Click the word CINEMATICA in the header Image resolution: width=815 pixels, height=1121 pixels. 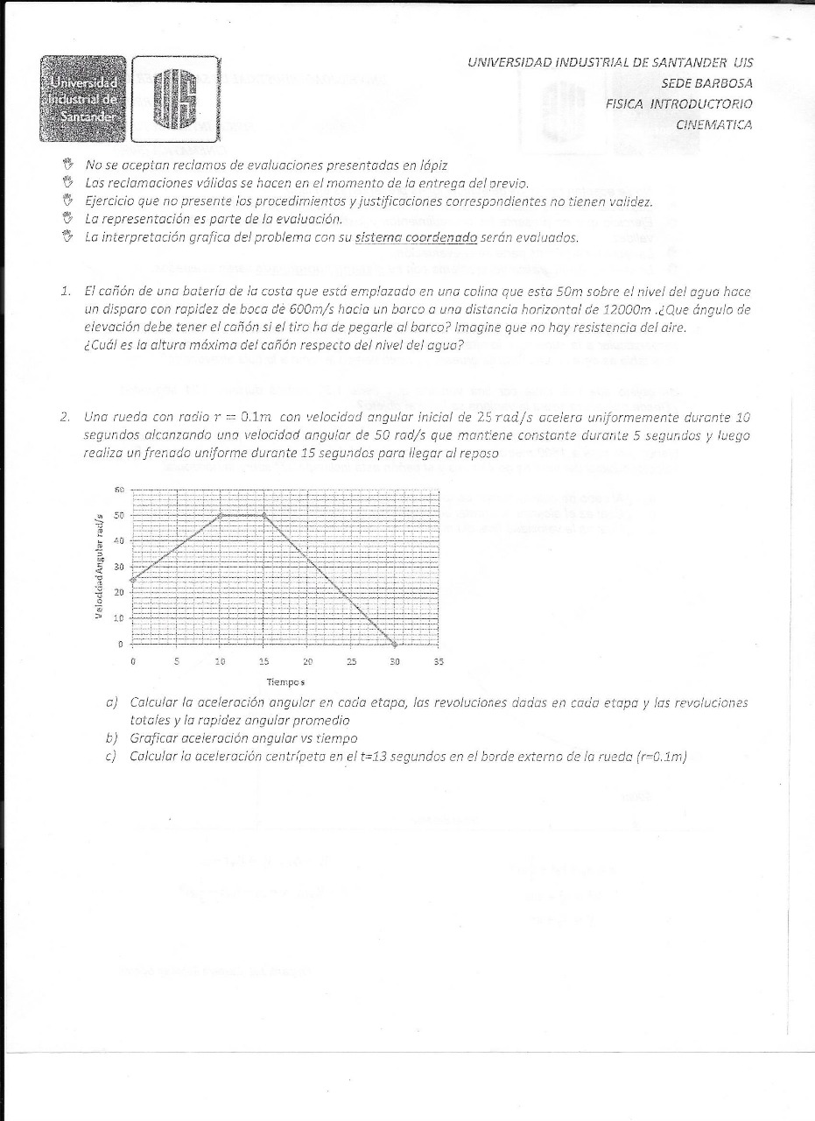tap(713, 124)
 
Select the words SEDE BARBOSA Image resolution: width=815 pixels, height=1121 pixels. tap(708, 83)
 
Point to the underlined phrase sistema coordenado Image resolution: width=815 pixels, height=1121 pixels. tap(417, 237)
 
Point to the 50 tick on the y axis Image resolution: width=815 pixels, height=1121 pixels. tap(120, 515)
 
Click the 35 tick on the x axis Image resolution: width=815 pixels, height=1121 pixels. tap(439, 662)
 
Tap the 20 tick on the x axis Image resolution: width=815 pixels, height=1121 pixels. tap(307, 662)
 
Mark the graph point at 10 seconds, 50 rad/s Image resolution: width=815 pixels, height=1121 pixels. tap(220, 515)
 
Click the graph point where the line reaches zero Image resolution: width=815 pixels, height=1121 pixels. tap(395, 644)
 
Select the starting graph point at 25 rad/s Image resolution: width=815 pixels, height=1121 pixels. tap(133, 580)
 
